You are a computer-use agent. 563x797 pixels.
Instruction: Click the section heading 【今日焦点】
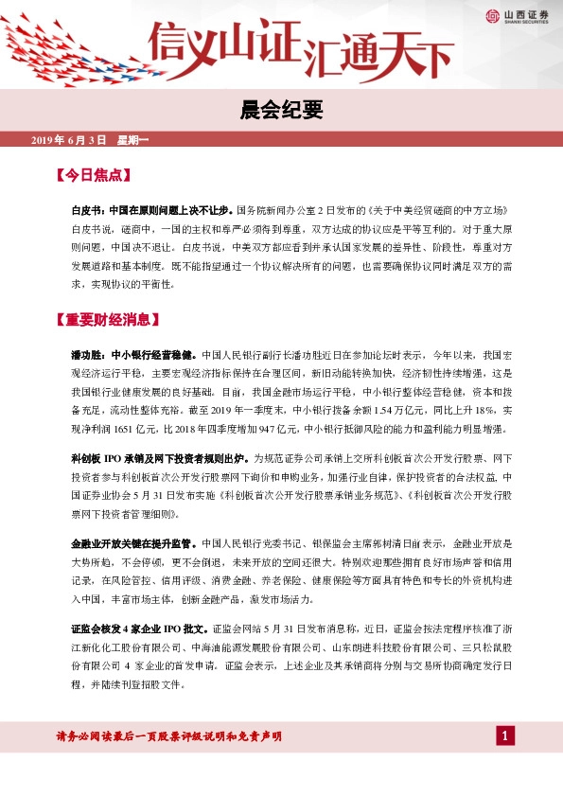(91, 176)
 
